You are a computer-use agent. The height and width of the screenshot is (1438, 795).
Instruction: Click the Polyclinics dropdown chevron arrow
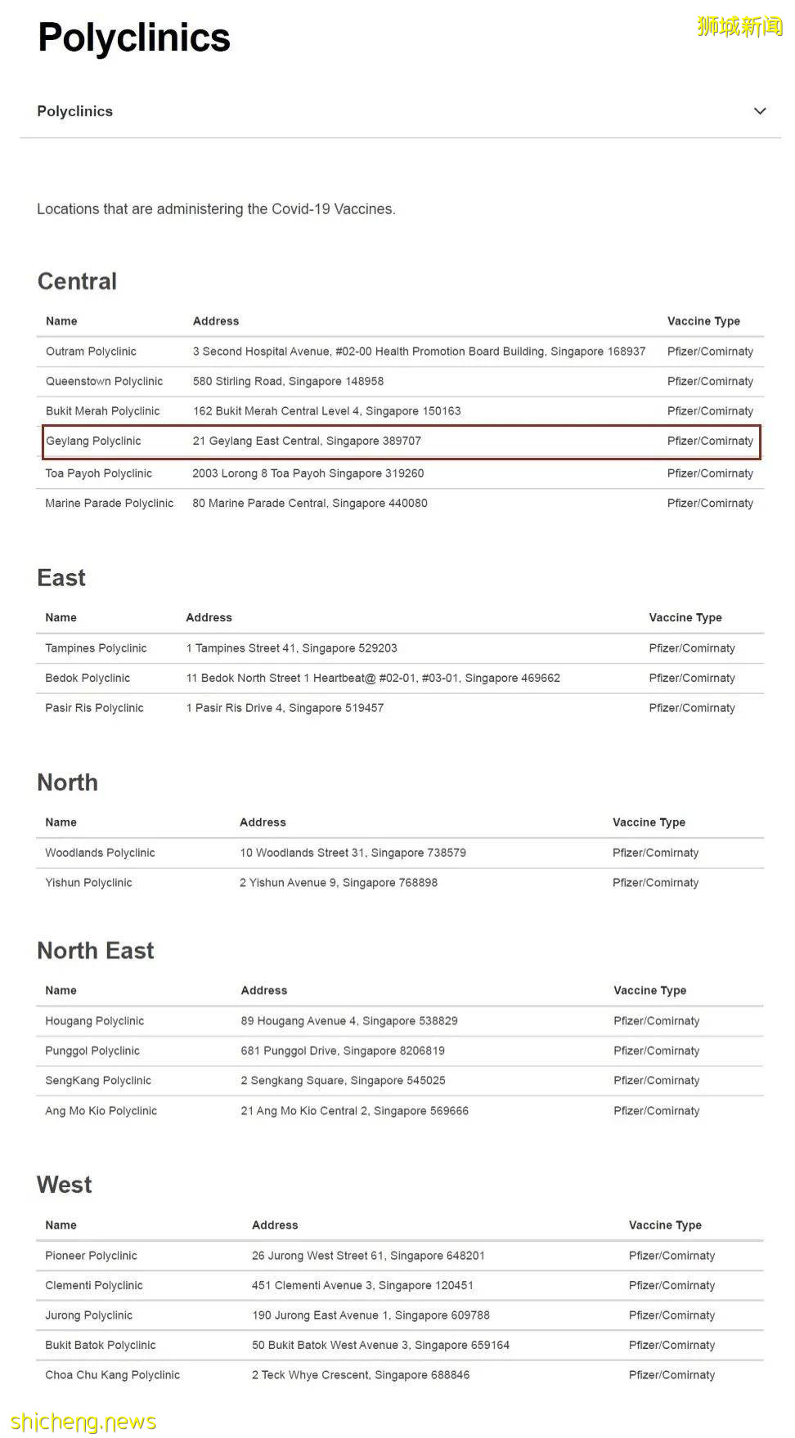click(760, 111)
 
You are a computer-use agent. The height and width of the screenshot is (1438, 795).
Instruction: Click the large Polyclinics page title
click(134, 38)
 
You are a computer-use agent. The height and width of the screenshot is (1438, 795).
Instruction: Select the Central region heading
click(77, 281)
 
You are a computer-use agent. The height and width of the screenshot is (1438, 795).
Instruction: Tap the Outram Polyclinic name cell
click(91, 352)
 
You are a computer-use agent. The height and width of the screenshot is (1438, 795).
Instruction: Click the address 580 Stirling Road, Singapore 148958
click(288, 381)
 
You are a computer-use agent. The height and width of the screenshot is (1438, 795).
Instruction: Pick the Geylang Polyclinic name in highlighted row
click(93, 441)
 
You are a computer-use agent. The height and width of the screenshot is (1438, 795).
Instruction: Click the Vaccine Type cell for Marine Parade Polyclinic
click(710, 504)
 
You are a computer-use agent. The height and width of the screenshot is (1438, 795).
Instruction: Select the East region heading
click(61, 578)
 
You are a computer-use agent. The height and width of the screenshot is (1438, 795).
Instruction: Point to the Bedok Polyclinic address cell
click(373, 678)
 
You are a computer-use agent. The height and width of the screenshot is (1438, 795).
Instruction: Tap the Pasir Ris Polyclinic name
click(94, 708)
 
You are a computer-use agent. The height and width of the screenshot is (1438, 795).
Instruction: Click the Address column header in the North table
click(263, 822)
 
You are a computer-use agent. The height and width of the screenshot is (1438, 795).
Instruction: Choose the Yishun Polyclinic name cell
click(88, 883)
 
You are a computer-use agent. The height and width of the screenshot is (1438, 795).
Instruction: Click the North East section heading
click(96, 951)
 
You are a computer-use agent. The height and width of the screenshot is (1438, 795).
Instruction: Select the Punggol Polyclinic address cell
click(343, 1051)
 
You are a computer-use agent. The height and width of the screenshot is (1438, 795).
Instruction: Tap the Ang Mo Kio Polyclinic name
click(101, 1111)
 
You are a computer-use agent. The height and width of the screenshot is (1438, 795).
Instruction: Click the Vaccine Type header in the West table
click(665, 1225)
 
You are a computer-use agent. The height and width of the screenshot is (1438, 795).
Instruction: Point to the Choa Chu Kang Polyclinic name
click(112, 1375)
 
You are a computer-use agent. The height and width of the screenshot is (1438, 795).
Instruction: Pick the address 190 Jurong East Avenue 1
click(371, 1315)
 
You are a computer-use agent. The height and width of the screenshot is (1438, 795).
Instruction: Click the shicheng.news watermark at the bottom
click(83, 1422)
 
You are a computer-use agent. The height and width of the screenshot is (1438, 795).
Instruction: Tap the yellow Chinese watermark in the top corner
click(739, 27)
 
